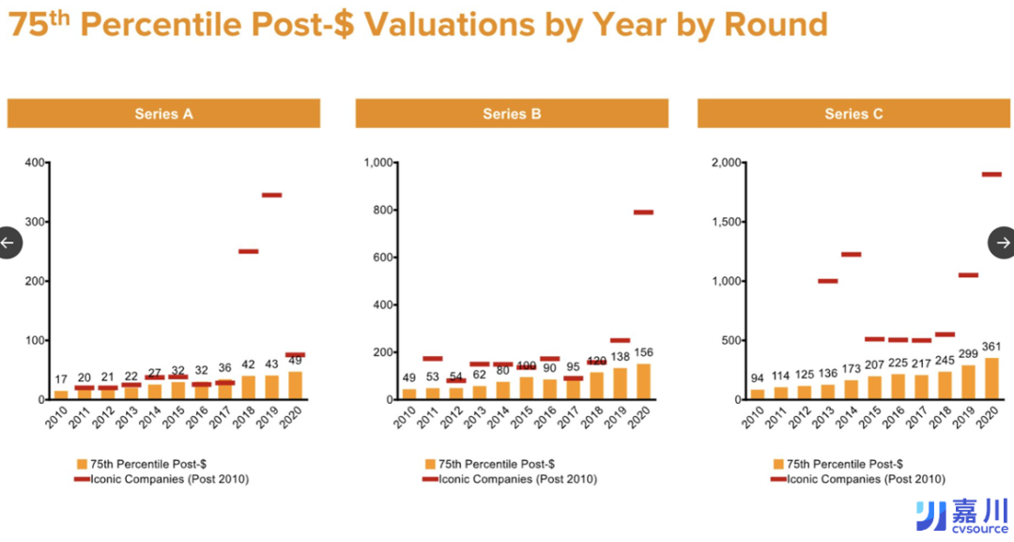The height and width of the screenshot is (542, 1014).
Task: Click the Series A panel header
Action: coord(163,114)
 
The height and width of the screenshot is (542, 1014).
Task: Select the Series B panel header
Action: coord(512,114)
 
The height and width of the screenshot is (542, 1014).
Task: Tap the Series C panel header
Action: coord(853,114)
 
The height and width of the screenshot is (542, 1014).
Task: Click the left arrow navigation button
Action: coord(8,242)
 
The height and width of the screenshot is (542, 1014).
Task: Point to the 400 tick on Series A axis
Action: coord(33,163)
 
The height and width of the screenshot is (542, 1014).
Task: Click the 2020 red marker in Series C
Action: coord(991,174)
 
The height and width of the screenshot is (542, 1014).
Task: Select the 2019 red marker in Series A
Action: coord(271,194)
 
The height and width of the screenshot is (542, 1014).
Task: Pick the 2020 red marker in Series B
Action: coord(643,212)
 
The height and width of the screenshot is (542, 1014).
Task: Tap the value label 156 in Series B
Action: coord(643,352)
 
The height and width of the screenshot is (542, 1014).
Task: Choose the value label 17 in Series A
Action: coord(61,379)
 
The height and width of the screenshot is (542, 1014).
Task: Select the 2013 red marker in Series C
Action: coord(827,281)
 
